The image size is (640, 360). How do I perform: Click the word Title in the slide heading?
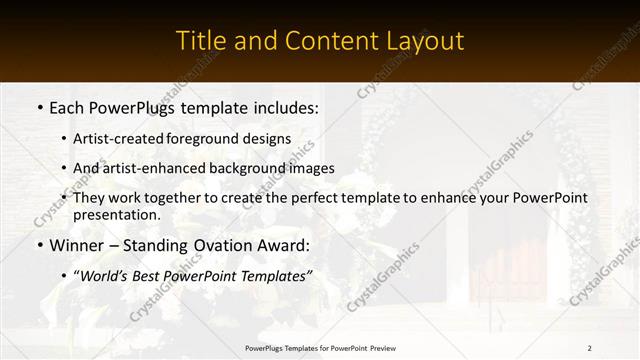click(200, 41)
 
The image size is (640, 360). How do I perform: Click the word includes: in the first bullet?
click(284, 106)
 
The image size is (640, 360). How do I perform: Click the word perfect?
click(318, 198)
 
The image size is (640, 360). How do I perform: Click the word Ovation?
click(207, 244)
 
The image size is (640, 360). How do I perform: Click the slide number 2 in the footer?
click(590, 348)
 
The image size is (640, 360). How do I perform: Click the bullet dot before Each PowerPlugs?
click(39, 106)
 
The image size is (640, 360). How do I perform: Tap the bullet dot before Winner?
click(39, 244)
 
